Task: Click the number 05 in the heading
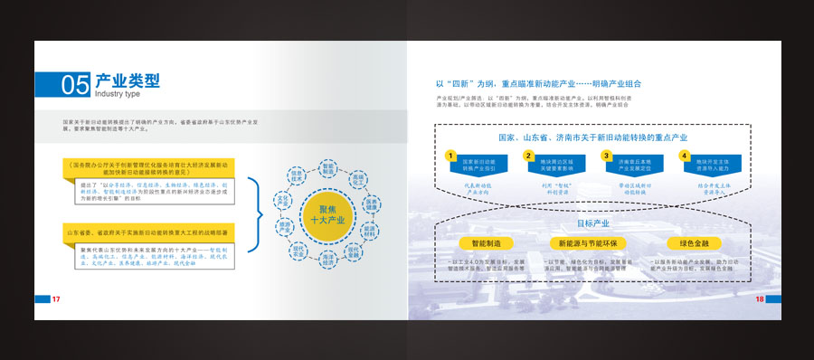pyautogui.click(x=75, y=85)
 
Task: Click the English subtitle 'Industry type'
pyautogui.click(x=117, y=93)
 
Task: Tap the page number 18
pyautogui.click(x=759, y=298)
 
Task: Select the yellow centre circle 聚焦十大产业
pyautogui.click(x=328, y=214)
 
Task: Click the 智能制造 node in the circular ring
pyautogui.click(x=328, y=169)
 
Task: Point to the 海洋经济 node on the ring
pyautogui.click(x=328, y=260)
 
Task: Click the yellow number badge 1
pyautogui.click(x=450, y=156)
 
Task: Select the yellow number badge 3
pyautogui.click(x=606, y=156)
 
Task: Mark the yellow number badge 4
pyautogui.click(x=684, y=156)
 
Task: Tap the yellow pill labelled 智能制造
pyautogui.click(x=486, y=243)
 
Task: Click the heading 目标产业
pyautogui.click(x=593, y=223)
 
